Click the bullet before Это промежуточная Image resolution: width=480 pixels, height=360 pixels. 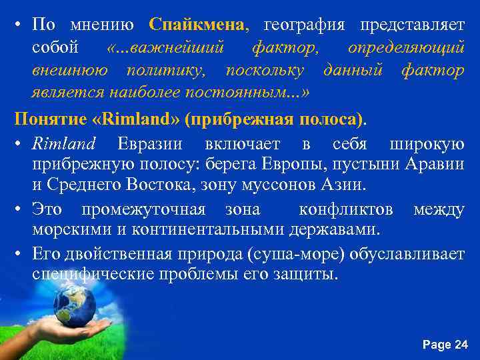pos(21,210)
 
